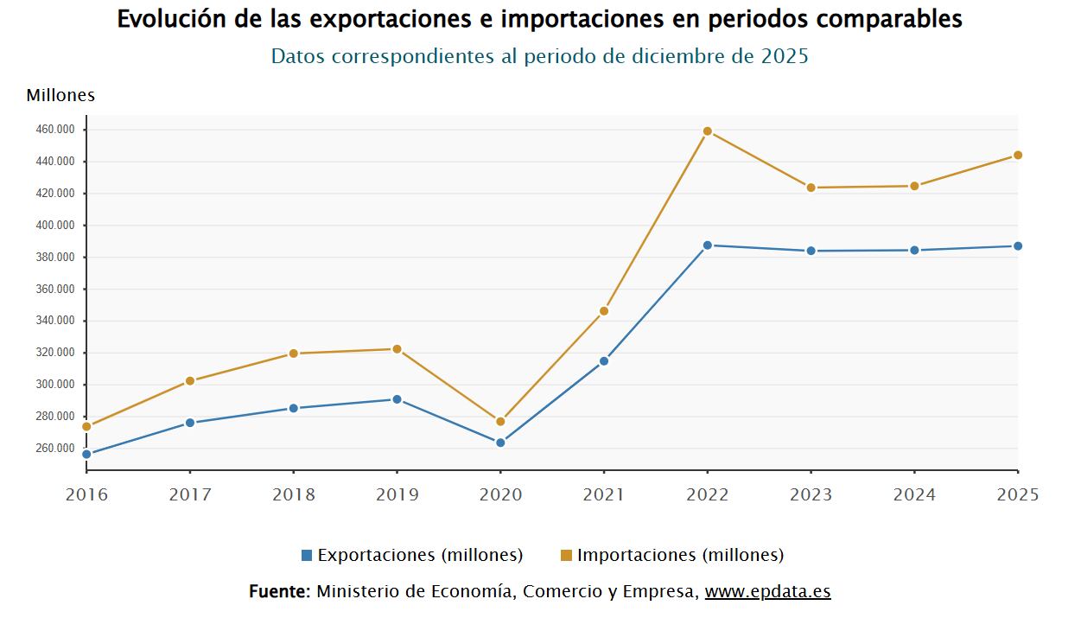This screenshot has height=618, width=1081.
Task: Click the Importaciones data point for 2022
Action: tap(707, 131)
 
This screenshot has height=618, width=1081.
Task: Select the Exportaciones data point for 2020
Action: tap(500, 443)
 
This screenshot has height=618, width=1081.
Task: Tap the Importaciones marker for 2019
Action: tap(397, 349)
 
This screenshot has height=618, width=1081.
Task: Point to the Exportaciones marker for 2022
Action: tap(707, 245)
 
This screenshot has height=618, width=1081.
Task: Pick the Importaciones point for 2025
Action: tap(1018, 156)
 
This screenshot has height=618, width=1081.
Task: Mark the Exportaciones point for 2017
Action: tap(189, 423)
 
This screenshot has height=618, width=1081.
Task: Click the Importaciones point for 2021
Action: tap(604, 311)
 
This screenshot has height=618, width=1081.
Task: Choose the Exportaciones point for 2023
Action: tap(811, 251)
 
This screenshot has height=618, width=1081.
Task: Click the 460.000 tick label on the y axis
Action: tap(57, 130)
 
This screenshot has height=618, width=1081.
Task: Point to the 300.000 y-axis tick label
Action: tap(57, 385)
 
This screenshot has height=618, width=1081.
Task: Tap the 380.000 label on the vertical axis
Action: tap(57, 258)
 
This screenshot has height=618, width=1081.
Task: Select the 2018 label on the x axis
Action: tap(293, 495)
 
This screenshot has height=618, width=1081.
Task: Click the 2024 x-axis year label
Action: tap(914, 495)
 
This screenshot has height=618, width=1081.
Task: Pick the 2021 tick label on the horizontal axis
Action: tap(604, 495)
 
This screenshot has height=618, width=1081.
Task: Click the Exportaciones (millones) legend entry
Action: tap(412, 555)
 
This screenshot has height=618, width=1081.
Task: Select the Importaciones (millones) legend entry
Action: tap(672, 555)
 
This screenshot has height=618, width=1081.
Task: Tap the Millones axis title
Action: tap(60, 95)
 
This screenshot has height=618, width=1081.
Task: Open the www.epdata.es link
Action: tap(767, 592)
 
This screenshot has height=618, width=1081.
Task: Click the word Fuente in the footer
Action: tap(278, 592)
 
